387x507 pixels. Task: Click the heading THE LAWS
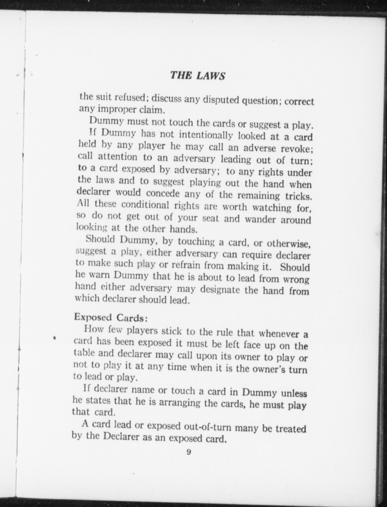coord(197,75)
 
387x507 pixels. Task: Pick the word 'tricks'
coord(298,196)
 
